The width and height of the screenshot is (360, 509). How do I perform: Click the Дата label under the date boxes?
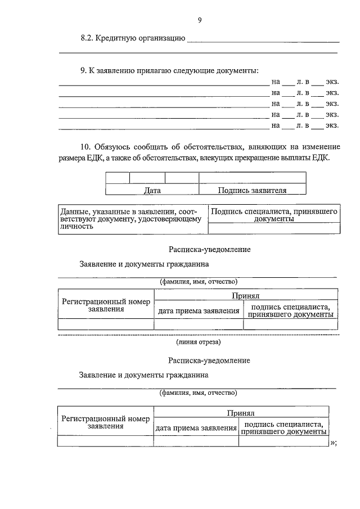click(152, 190)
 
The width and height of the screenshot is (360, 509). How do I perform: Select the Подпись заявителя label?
click(253, 190)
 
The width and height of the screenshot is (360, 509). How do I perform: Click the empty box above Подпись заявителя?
click(253, 178)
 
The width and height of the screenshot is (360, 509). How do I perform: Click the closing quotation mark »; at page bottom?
click(334, 443)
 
